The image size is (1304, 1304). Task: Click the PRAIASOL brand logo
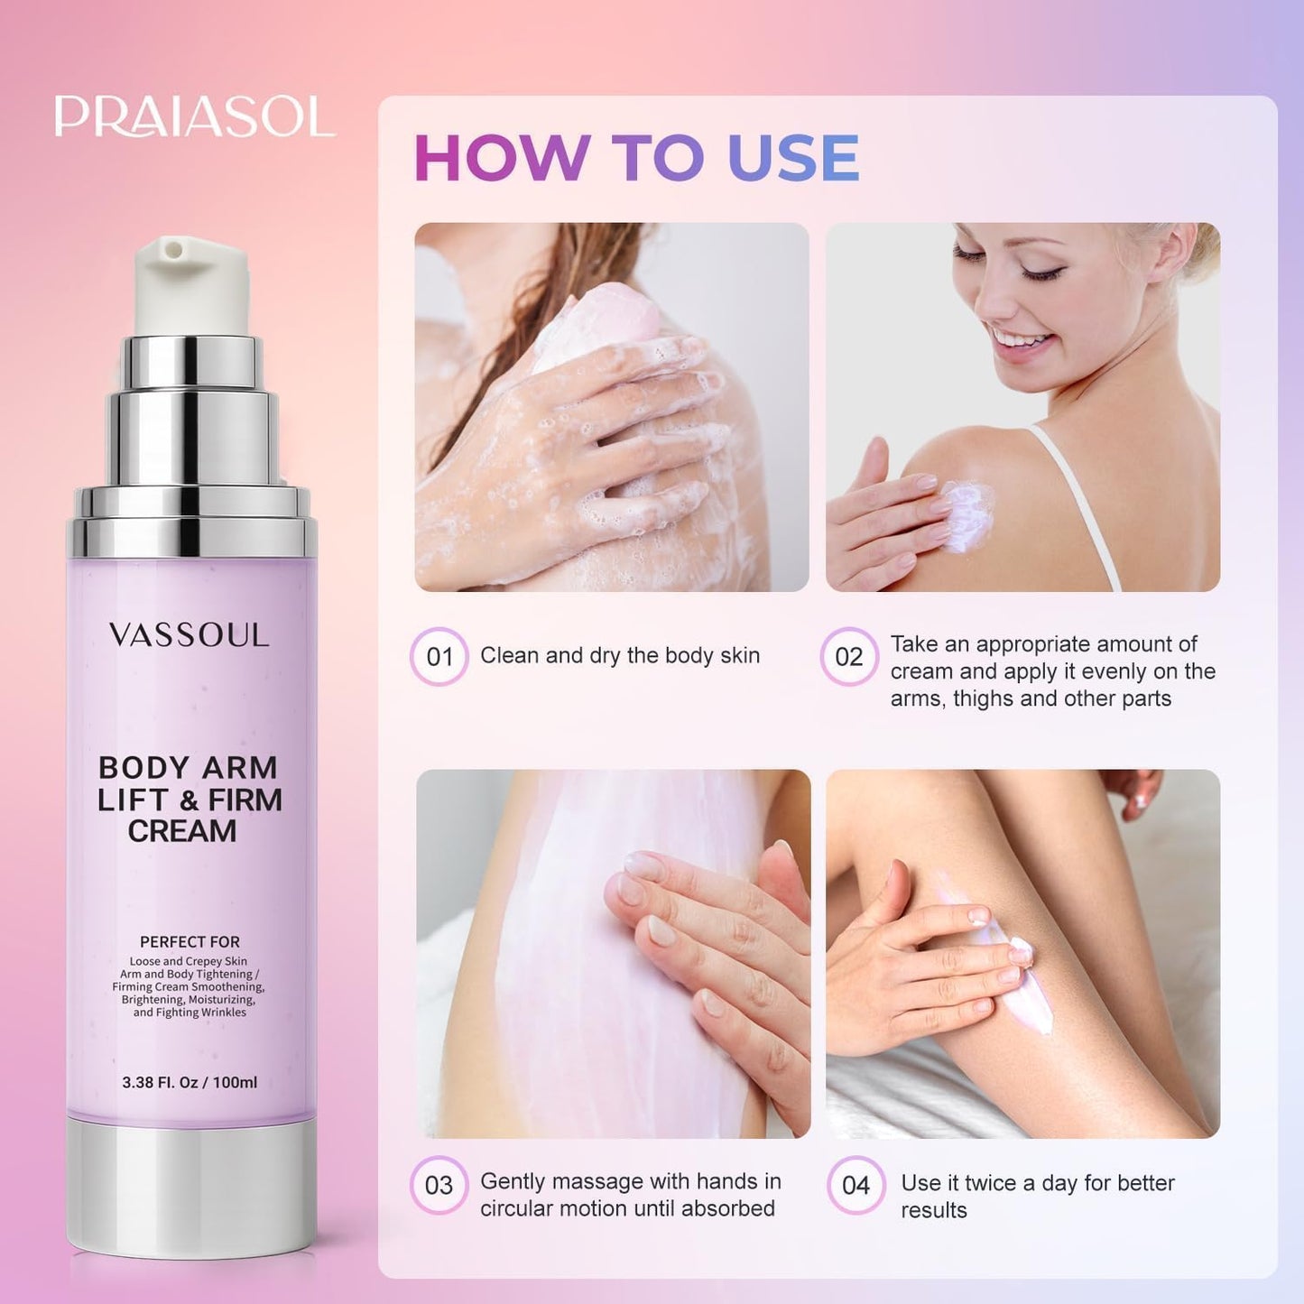point(194,117)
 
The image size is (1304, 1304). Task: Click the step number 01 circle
point(439,656)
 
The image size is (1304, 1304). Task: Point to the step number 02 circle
point(848,656)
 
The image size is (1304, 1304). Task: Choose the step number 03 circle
point(439,1185)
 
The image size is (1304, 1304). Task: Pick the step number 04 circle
point(855,1185)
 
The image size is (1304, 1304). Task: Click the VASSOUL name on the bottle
point(189,635)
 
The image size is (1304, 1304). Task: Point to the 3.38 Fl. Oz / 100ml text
point(190,1082)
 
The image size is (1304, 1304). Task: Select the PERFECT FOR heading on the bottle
point(190,941)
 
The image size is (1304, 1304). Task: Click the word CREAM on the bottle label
point(182,831)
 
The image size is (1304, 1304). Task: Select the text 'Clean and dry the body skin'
point(620,655)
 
